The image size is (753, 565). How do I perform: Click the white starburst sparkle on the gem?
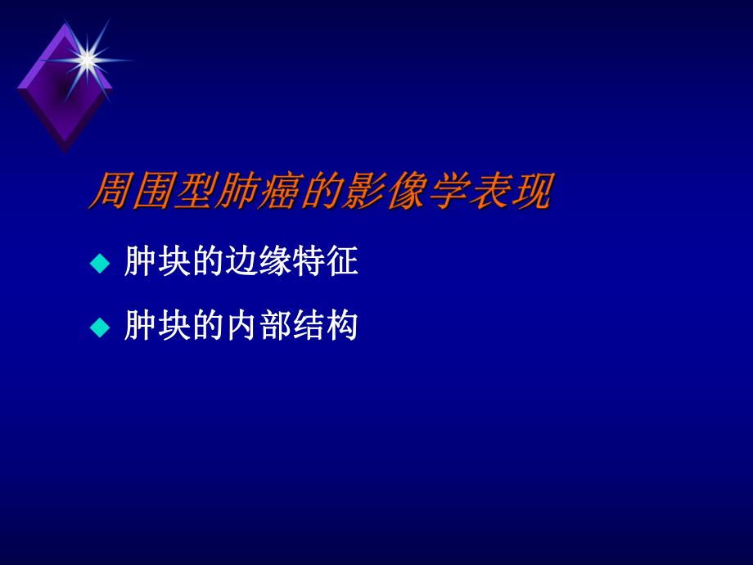point(87,58)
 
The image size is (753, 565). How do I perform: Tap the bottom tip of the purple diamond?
point(64,151)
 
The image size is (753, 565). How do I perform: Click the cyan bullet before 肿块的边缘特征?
point(99,264)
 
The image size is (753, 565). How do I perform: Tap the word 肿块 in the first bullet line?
point(151,263)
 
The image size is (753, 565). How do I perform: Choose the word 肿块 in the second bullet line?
point(151,328)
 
